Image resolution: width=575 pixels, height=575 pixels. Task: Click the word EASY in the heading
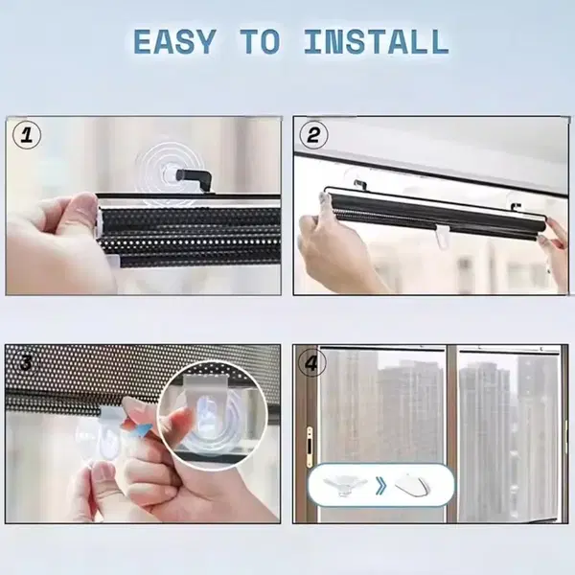(x=174, y=41)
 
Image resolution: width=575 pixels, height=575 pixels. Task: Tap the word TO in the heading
(x=260, y=41)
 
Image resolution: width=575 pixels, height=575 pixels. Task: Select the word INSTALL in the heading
(x=377, y=41)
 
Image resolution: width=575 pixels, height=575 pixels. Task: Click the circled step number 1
(x=27, y=135)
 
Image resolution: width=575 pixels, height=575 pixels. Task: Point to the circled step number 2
(x=313, y=135)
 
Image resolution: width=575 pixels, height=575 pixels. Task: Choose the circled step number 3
(x=26, y=362)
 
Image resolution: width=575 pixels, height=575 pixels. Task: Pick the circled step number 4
(x=311, y=362)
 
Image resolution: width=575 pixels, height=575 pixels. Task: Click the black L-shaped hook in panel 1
(x=195, y=180)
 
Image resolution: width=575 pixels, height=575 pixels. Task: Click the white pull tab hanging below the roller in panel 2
(x=443, y=236)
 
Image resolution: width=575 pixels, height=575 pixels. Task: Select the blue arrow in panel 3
(x=142, y=429)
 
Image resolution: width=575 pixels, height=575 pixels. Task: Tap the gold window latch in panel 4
(x=310, y=446)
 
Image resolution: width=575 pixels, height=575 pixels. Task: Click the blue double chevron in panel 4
(x=381, y=486)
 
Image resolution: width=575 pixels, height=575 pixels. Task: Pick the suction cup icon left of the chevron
(x=340, y=486)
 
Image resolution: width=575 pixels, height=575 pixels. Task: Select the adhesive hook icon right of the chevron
(x=412, y=484)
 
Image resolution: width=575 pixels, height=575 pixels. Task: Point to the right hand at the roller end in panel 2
(x=555, y=243)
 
